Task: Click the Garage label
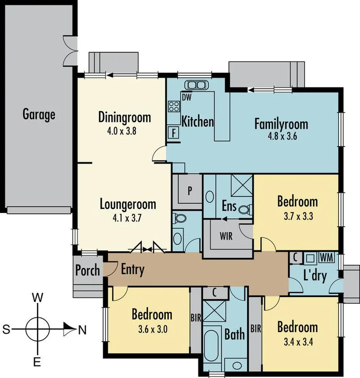pyautogui.click(x=39, y=114)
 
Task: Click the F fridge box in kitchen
pyautogui.click(x=174, y=133)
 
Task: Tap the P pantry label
pyautogui.click(x=190, y=191)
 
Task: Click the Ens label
pyautogui.click(x=229, y=206)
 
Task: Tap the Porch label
pyautogui.click(x=88, y=270)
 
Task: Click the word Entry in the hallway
pyautogui.click(x=132, y=270)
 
